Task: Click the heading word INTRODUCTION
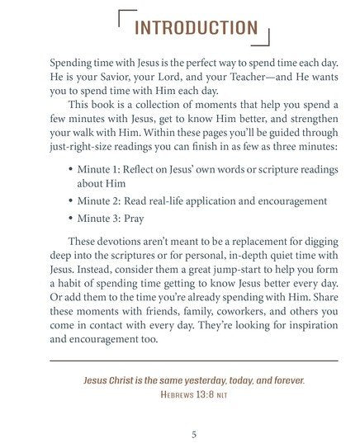coord(196,27)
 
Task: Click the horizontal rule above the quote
coord(194,361)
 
